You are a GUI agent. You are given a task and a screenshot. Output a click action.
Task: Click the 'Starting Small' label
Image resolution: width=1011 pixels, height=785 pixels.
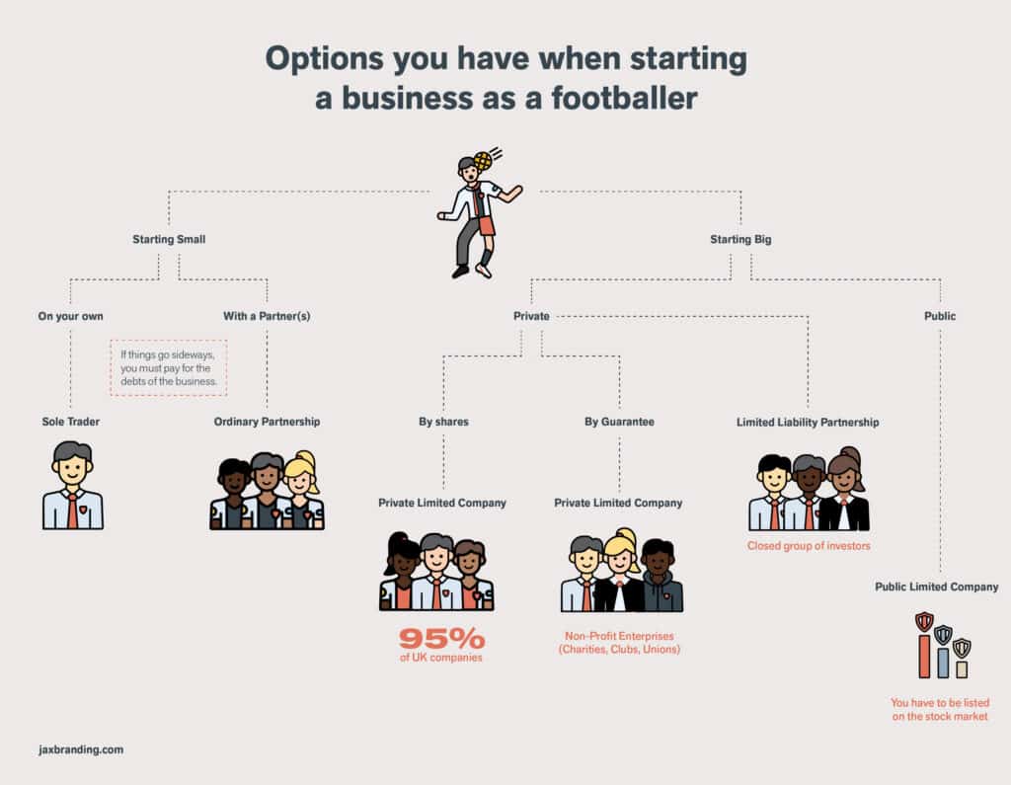click(169, 239)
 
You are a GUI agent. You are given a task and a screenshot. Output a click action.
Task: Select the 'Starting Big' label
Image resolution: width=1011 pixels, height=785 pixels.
click(740, 239)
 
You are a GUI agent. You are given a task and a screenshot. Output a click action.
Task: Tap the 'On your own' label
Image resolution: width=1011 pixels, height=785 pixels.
click(70, 316)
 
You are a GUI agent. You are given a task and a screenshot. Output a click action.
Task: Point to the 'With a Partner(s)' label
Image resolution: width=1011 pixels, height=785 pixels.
click(267, 316)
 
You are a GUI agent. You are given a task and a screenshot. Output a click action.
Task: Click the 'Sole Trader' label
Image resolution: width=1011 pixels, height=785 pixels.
click(71, 422)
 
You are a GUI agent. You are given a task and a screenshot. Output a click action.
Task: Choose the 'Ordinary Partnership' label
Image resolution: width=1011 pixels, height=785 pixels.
click(267, 422)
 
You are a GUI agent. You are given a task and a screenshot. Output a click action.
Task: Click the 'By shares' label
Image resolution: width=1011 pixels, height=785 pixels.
click(443, 422)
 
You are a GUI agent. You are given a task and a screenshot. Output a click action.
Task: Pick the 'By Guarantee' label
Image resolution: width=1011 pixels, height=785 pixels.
click(619, 422)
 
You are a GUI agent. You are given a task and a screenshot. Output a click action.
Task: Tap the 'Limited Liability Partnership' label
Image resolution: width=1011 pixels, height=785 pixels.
click(808, 422)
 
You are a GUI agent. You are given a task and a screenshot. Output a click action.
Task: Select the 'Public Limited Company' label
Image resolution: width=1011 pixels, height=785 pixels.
click(936, 587)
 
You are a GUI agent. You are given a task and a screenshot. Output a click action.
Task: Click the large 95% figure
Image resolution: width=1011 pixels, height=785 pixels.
click(441, 639)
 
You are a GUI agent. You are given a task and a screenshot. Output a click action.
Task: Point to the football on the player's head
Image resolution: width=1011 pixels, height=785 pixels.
click(482, 161)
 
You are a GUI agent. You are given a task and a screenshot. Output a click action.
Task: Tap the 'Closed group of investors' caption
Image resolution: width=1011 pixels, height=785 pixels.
click(809, 546)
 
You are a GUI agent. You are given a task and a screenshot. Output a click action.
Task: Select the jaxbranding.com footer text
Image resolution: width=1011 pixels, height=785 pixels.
click(81, 749)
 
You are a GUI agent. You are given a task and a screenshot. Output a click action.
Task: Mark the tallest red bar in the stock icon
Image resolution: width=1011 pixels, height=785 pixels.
click(924, 656)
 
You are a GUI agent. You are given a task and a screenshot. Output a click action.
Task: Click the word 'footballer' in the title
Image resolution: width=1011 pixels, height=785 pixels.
click(624, 98)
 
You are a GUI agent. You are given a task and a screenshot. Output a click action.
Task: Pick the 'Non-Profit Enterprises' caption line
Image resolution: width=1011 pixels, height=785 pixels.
click(619, 636)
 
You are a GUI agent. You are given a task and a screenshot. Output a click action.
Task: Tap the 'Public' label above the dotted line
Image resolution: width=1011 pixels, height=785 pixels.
click(940, 316)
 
